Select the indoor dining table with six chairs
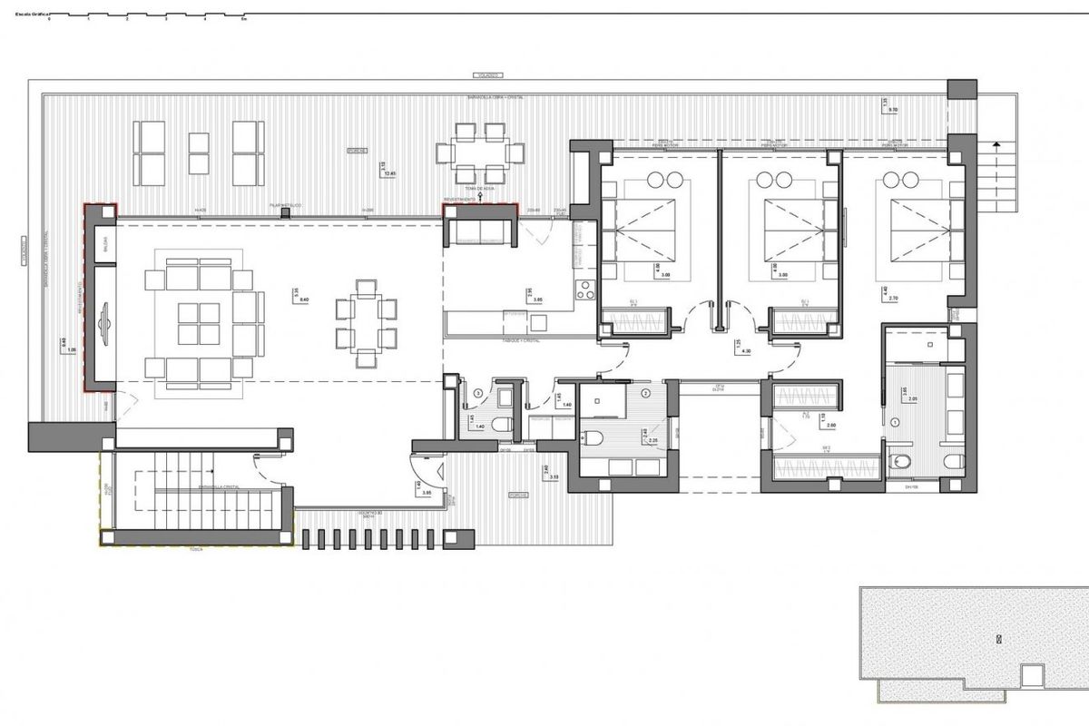tap(366, 321)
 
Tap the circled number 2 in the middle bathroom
tap(646, 393)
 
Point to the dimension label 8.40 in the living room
tap(304, 299)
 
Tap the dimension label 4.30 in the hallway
tap(746, 351)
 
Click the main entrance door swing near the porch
tap(427, 472)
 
